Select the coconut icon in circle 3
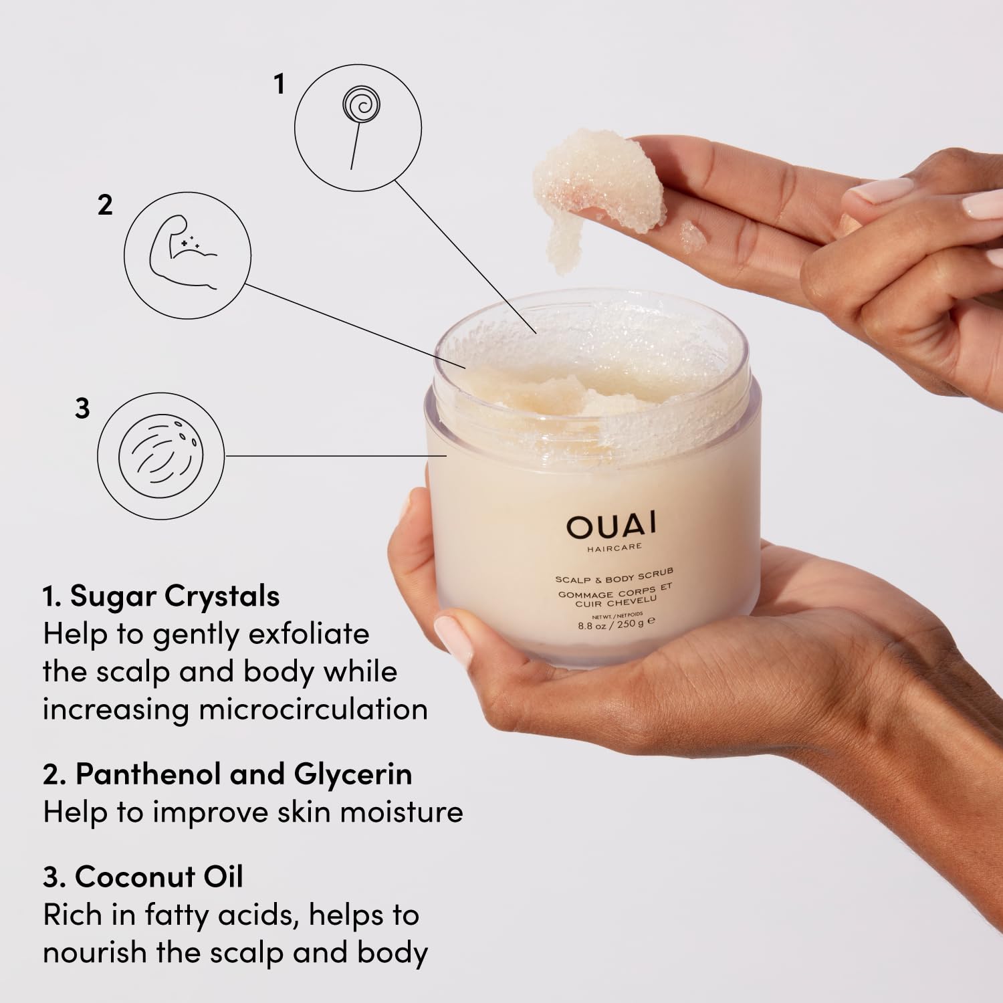pos(160,455)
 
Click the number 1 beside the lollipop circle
pos(280,84)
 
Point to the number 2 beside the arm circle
pos(105,205)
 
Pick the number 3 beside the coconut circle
pos(82,408)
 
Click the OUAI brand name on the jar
pos(611,526)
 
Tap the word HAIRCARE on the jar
pos(615,547)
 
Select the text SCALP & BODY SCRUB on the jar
pos(614,576)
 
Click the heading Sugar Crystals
pos(175,596)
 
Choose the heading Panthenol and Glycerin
pos(243,774)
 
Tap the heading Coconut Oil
pos(158,877)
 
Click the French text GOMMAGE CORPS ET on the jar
pos(615,591)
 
